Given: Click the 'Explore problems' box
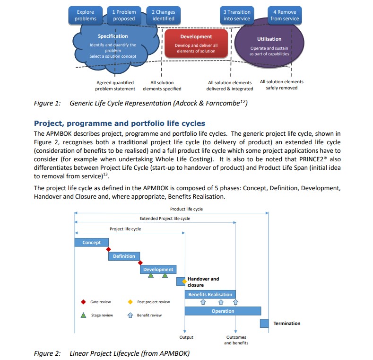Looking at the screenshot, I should click(x=85, y=15).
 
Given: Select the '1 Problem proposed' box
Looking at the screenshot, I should click(x=124, y=15).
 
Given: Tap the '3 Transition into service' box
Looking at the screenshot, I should click(x=237, y=15).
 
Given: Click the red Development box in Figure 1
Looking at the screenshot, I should click(x=196, y=44).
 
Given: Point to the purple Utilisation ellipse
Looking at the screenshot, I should click(x=269, y=46).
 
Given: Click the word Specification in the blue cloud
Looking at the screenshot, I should click(x=113, y=36).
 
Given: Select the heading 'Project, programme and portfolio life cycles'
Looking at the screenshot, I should click(x=120, y=123).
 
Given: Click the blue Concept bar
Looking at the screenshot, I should click(x=91, y=243).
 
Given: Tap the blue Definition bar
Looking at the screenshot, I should click(x=124, y=256).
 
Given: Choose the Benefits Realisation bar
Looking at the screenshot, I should click(x=210, y=294).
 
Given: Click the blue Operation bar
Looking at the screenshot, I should click(x=223, y=311).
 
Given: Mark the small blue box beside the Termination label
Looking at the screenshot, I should click(x=264, y=324).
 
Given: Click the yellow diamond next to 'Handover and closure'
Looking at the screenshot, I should click(x=184, y=281).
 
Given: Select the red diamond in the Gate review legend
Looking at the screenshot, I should click(x=83, y=302).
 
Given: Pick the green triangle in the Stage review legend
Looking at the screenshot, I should click(x=83, y=315).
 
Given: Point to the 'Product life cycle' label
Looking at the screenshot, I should click(x=186, y=209).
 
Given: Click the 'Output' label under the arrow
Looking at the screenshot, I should click(x=186, y=337).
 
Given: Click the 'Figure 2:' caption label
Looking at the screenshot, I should click(x=47, y=353).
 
